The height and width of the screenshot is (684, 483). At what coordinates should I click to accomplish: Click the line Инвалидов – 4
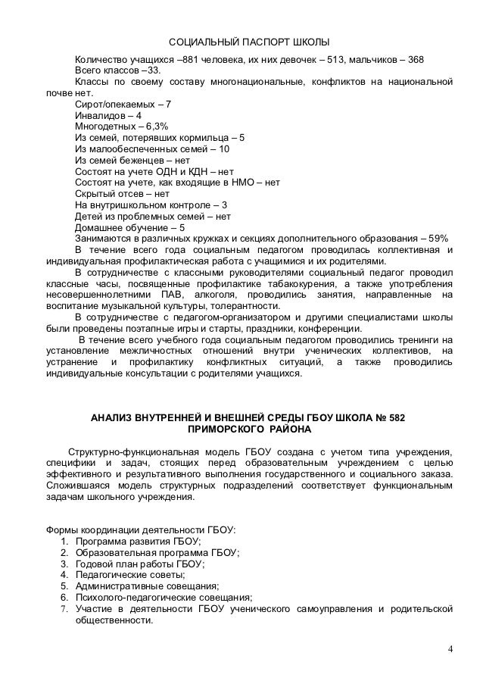point(108,115)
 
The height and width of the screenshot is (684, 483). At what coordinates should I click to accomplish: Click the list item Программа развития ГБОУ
point(137,541)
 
